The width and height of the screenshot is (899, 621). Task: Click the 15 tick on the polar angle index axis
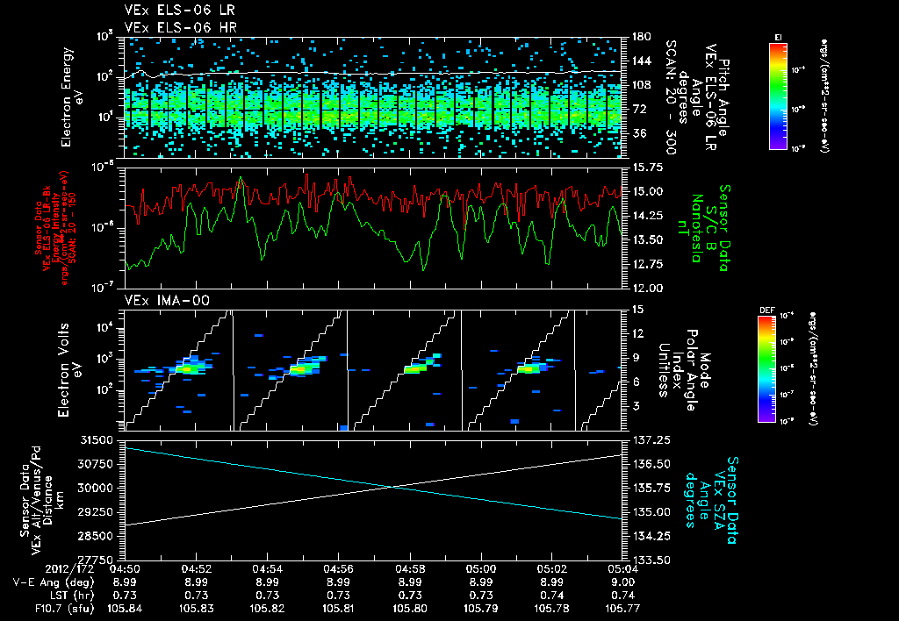tap(634, 310)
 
